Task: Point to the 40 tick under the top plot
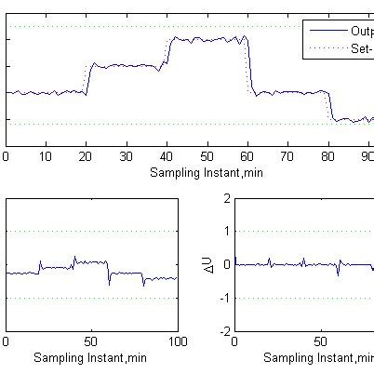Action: tap(167, 155)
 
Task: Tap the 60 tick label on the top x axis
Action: tap(248, 155)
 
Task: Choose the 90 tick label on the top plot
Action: tap(368, 155)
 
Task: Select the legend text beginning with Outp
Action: tap(362, 31)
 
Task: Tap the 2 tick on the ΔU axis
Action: tap(227, 198)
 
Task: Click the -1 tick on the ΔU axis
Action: tap(224, 298)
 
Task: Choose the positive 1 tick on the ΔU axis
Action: tap(227, 232)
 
